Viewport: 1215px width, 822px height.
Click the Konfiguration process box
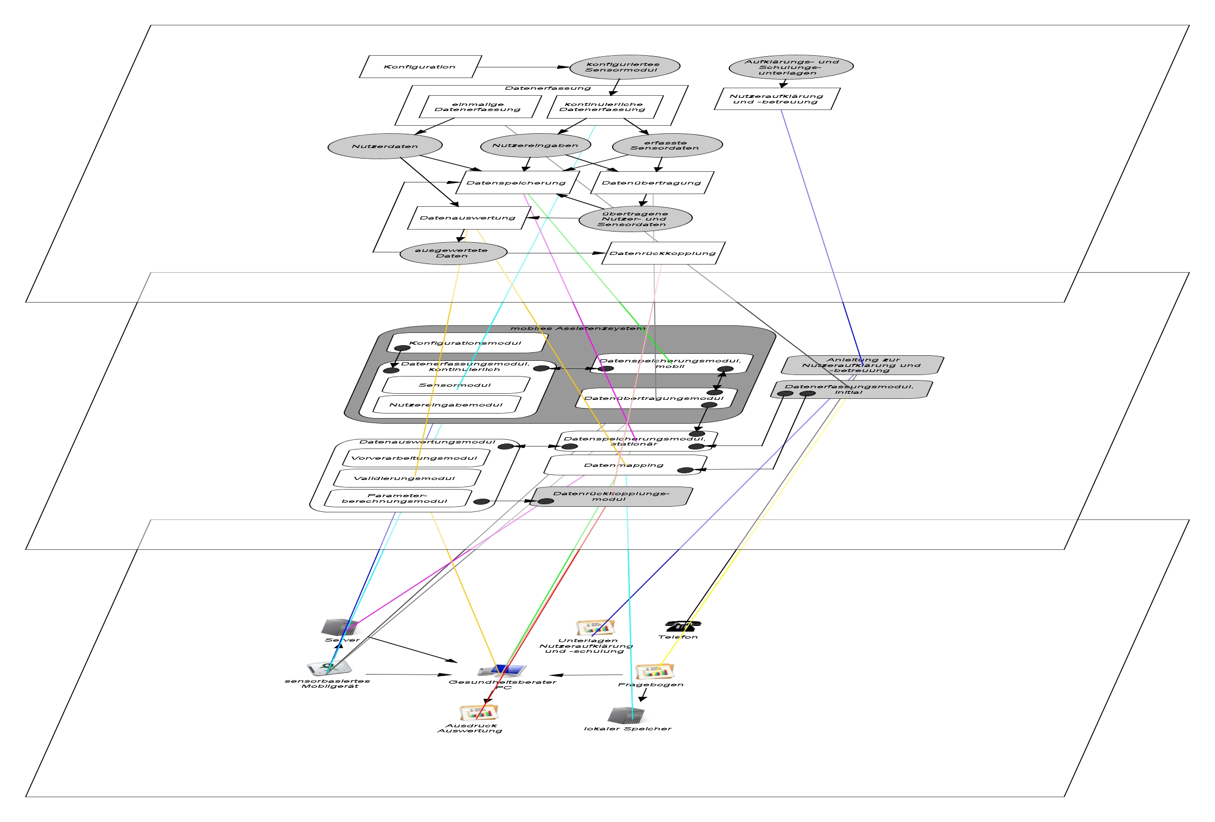point(420,67)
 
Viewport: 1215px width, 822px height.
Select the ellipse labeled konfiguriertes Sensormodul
point(624,67)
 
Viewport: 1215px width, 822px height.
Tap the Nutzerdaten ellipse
point(385,146)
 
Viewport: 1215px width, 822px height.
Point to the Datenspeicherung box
point(517,183)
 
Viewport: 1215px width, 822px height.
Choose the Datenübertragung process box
point(652,183)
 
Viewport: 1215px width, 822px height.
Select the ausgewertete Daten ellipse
point(453,253)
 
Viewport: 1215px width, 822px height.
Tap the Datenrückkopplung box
point(663,253)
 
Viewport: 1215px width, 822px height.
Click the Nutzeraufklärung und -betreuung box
point(776,99)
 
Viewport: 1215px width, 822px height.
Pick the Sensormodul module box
point(455,385)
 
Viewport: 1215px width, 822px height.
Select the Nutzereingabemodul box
point(446,405)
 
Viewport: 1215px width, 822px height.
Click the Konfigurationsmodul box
point(466,343)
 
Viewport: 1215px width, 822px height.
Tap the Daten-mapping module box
point(624,465)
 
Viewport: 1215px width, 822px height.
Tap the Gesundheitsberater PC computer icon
point(502,670)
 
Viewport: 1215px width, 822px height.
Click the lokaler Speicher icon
point(626,716)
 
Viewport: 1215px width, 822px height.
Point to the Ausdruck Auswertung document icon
point(478,712)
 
